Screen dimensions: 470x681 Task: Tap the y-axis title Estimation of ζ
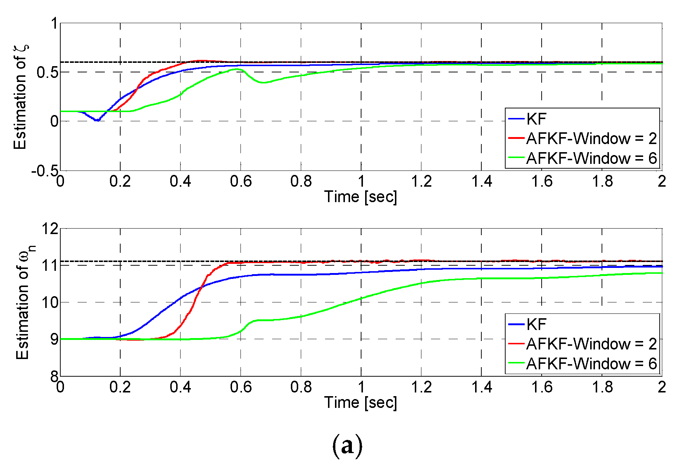pyautogui.click(x=21, y=97)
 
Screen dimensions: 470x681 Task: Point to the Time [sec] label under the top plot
pyautogui.click(x=361, y=197)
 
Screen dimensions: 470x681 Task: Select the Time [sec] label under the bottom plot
pyautogui.click(x=361, y=402)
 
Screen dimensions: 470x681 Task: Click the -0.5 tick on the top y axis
pyautogui.click(x=44, y=171)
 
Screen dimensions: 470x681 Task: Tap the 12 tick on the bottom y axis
pyautogui.click(x=50, y=229)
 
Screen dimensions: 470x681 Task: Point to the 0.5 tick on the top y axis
pyautogui.click(x=47, y=72)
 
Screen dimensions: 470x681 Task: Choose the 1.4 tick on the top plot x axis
pyautogui.click(x=482, y=181)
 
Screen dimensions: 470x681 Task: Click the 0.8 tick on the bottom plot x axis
pyautogui.click(x=301, y=387)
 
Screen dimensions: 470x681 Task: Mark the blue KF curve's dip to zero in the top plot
pyautogui.click(x=97, y=120)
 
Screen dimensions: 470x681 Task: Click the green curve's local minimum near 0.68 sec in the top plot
pyautogui.click(x=263, y=83)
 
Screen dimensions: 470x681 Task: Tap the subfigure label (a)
pyautogui.click(x=347, y=445)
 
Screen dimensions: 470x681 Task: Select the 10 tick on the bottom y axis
pyautogui.click(x=50, y=302)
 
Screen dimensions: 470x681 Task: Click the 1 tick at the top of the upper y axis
pyautogui.click(x=54, y=24)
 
